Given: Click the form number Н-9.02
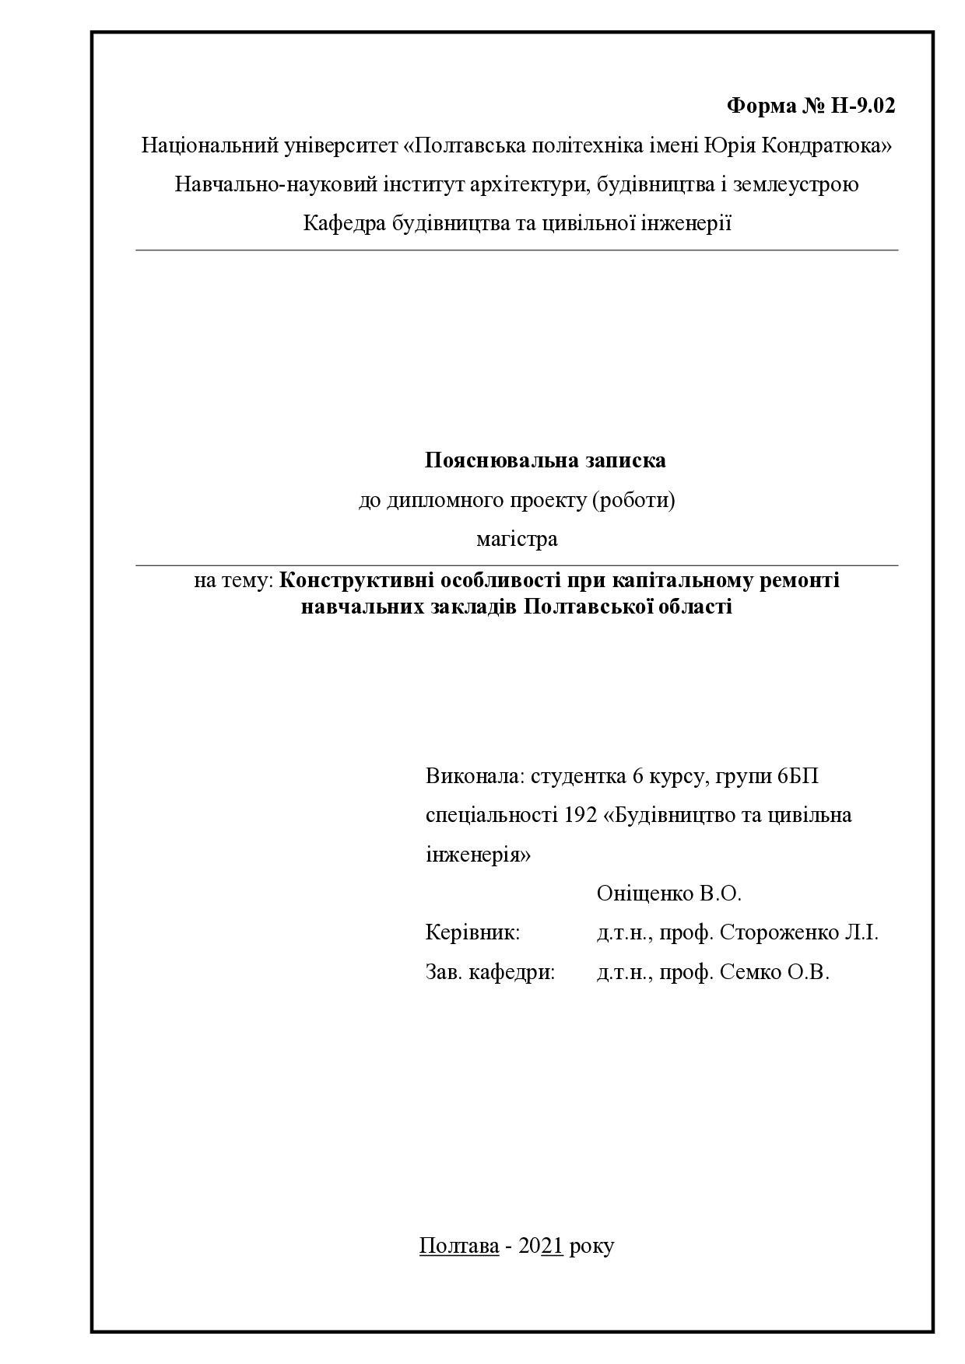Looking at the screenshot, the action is click(x=863, y=106).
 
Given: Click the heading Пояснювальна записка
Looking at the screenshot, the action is click(x=545, y=460).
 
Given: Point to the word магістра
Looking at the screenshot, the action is click(x=517, y=539).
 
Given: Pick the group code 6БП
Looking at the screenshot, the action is click(x=798, y=776).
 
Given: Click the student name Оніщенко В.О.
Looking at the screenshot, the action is click(x=668, y=894).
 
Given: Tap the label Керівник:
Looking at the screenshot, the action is click(x=472, y=932).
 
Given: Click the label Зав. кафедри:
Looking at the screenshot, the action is click(x=490, y=972).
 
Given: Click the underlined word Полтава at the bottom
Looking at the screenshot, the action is click(x=458, y=1246).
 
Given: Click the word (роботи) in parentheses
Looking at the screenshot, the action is click(x=633, y=500).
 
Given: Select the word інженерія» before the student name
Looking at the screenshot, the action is click(x=478, y=855).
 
